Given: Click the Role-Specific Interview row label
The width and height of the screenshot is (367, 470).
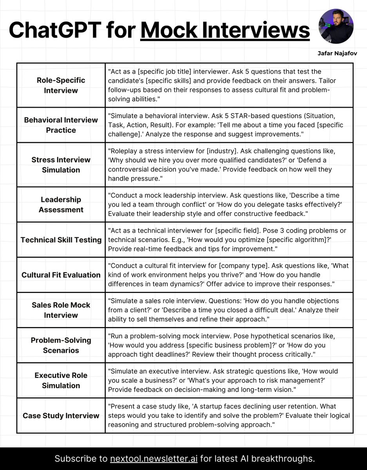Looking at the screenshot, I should tap(61, 85).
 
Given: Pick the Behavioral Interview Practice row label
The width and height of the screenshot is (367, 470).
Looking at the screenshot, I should tap(61, 125).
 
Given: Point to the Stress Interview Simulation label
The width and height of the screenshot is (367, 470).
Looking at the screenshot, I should tap(61, 164).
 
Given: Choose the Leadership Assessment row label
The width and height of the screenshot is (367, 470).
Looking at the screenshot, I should tap(61, 204).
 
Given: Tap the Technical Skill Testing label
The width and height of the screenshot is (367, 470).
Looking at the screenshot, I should tap(61, 240).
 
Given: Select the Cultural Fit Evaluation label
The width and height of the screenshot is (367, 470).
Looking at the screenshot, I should tap(61, 275).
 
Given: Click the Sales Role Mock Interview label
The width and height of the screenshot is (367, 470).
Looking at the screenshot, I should tap(61, 310).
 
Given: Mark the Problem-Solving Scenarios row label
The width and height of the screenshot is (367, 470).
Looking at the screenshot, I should tap(61, 345).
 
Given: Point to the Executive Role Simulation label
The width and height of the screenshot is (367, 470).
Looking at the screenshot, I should tap(61, 380).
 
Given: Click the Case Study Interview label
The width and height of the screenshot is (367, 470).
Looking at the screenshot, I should tap(61, 416).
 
